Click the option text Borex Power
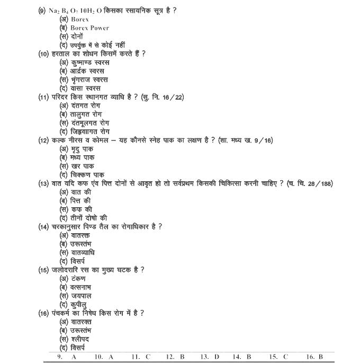point(89,28)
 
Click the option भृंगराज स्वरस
point(89,79)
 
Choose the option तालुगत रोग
point(86,114)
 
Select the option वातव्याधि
point(83,252)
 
